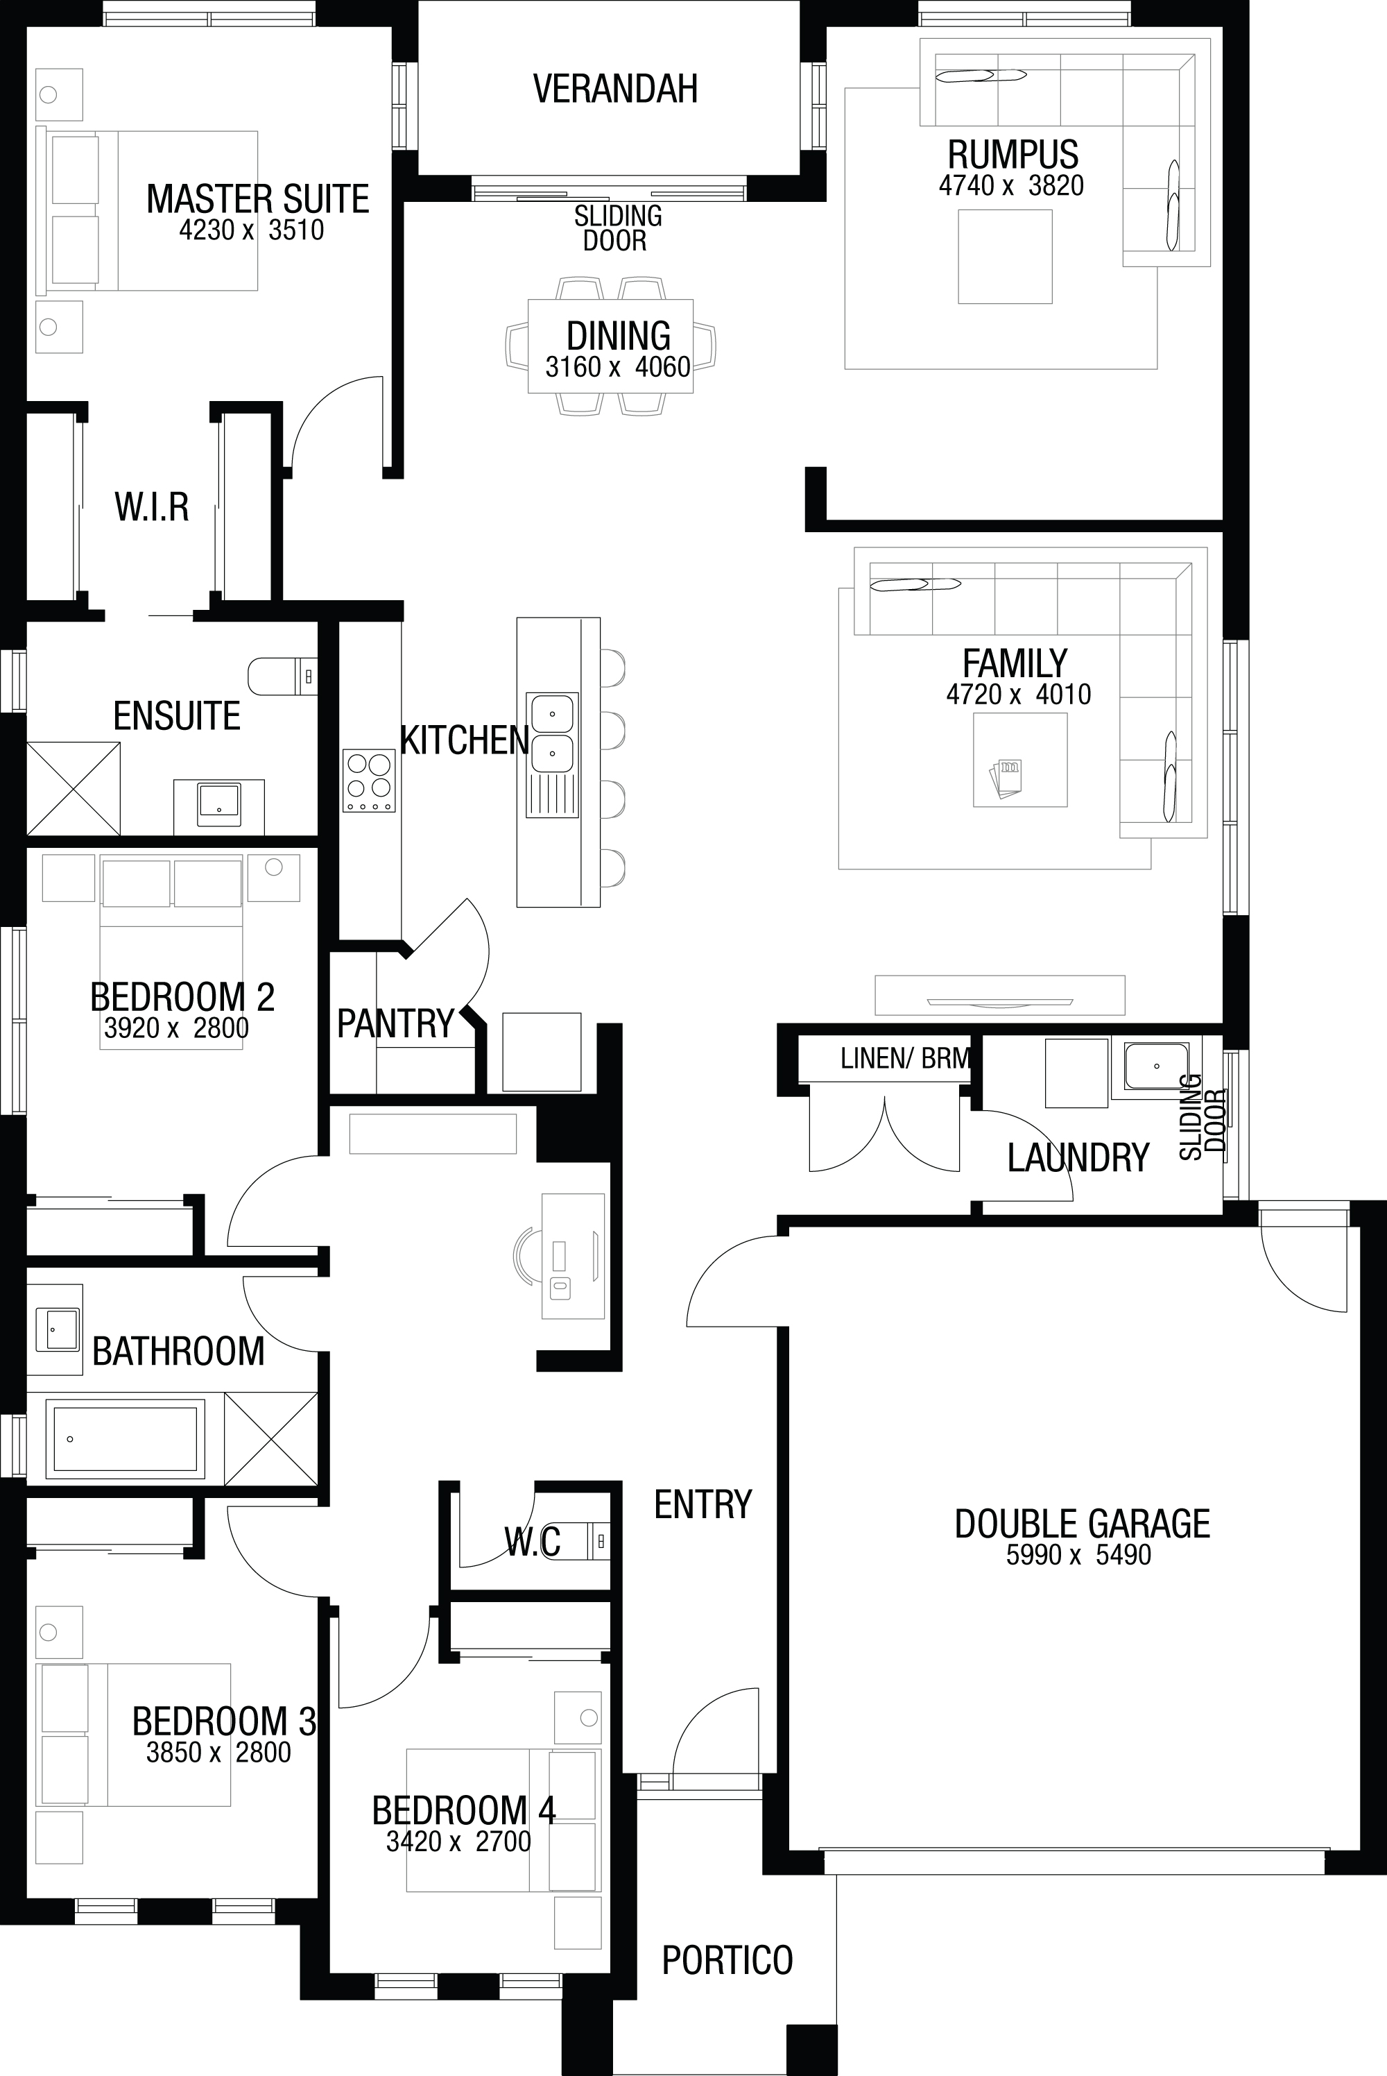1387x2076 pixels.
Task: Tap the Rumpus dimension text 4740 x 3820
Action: click(x=1011, y=186)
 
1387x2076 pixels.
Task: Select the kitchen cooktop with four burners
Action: click(x=369, y=781)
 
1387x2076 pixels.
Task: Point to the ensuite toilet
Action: click(x=282, y=676)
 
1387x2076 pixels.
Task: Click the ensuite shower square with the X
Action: click(x=74, y=788)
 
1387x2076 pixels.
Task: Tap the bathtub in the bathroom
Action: click(x=125, y=1439)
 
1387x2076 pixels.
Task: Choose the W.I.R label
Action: click(x=151, y=507)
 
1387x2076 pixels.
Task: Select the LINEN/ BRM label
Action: click(x=905, y=1058)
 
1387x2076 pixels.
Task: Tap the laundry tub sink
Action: click(x=1156, y=1066)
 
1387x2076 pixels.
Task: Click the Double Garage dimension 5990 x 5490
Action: click(x=1078, y=1555)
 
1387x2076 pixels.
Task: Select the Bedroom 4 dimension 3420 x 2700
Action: click(x=458, y=1841)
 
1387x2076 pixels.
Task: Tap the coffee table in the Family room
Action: click(x=1020, y=759)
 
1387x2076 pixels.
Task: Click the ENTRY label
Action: click(x=703, y=1504)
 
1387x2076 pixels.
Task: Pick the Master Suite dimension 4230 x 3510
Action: click(x=251, y=230)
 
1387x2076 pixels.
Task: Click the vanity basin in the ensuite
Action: click(x=218, y=803)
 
